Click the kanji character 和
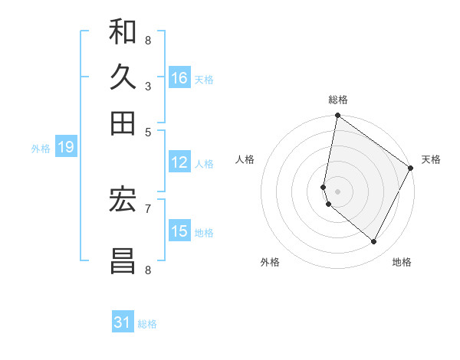[x=123, y=34]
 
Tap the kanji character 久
[x=123, y=78]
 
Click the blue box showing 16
[x=179, y=78]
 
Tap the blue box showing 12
[x=179, y=162]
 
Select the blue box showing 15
[x=179, y=231]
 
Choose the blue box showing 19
[x=65, y=148]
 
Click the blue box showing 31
[x=123, y=322]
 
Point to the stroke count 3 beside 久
[x=147, y=86]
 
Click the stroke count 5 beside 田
[x=147, y=131]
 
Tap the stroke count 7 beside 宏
[x=147, y=208]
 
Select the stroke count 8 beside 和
[x=147, y=40]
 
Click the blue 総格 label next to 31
[x=147, y=324]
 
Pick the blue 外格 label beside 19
[x=41, y=149]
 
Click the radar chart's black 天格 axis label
[x=431, y=159]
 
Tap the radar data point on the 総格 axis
[x=337, y=116]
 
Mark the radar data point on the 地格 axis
[x=374, y=241]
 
